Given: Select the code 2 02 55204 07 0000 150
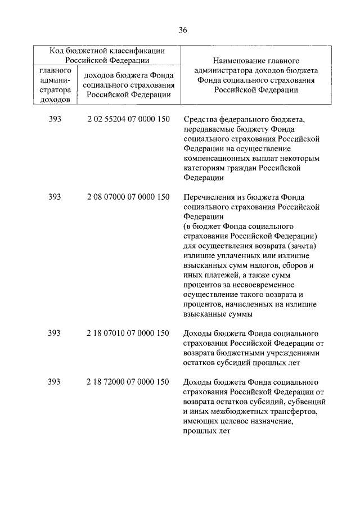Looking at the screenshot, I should [x=128, y=119].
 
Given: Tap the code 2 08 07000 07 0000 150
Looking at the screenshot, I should [x=128, y=197].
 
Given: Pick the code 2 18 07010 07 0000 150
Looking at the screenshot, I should [x=128, y=333].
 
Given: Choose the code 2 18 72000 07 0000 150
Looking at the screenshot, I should [x=128, y=382].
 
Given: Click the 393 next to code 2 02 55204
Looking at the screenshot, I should [x=55, y=119].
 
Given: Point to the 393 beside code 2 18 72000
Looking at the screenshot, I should [x=55, y=382].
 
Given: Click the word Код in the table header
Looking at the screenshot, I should [x=57, y=51].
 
